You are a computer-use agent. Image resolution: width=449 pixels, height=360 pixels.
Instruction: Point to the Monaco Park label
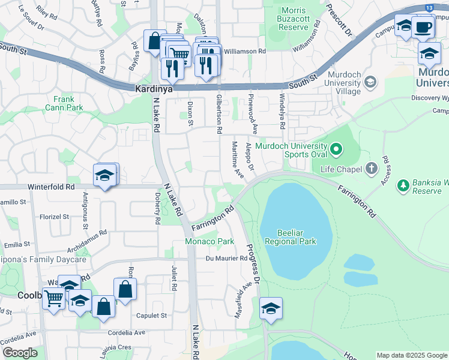coord(208,241)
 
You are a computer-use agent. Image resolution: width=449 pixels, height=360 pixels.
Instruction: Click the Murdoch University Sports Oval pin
coord(336,147)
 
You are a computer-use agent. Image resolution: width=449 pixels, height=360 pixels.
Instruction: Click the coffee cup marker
coord(423,27)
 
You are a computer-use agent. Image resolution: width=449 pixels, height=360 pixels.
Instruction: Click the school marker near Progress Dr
coord(271,309)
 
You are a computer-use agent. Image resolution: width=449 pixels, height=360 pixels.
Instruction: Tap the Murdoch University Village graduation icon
coord(370,82)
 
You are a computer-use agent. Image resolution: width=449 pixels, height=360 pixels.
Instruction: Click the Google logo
coord(20,353)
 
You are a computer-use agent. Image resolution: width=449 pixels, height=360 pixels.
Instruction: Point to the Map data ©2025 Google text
coord(412,355)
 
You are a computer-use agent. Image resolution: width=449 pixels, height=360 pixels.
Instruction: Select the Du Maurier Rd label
coord(226,259)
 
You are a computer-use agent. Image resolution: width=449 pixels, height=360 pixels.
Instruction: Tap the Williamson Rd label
coord(245,52)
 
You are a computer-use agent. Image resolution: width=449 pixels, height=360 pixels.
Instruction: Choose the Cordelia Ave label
coord(127,332)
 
